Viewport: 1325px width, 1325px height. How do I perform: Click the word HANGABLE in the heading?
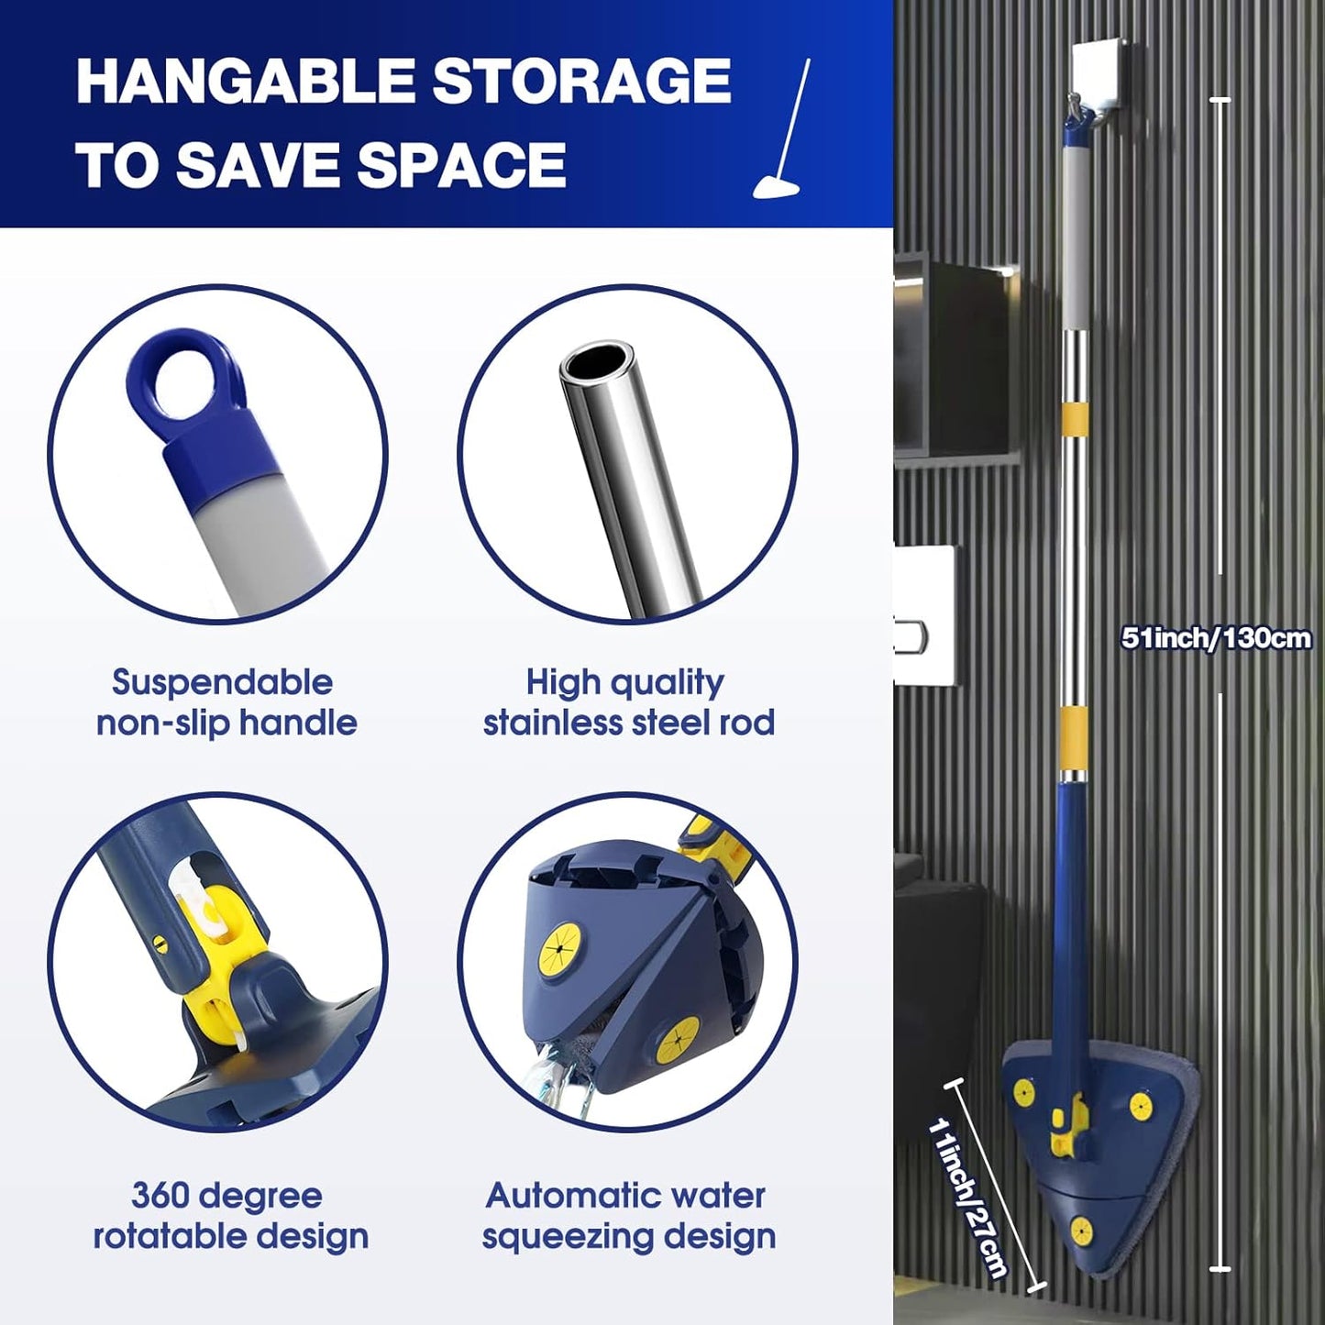(x=246, y=82)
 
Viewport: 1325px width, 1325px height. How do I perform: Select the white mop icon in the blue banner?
(x=782, y=133)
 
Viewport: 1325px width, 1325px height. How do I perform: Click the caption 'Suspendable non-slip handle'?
(x=226, y=702)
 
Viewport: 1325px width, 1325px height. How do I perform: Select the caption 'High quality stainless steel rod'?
(x=628, y=702)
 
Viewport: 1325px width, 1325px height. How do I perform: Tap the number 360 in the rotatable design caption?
(x=161, y=1196)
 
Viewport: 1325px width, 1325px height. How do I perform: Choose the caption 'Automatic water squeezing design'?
(x=628, y=1216)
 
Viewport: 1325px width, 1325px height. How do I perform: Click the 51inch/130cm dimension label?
(x=1216, y=637)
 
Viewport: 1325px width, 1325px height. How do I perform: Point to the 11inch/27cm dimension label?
(x=967, y=1197)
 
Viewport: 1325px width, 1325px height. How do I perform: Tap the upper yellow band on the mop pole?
(x=1076, y=418)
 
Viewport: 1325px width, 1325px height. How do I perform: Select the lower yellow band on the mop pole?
(x=1073, y=739)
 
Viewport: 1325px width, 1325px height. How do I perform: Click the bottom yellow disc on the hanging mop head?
(x=1081, y=1230)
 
